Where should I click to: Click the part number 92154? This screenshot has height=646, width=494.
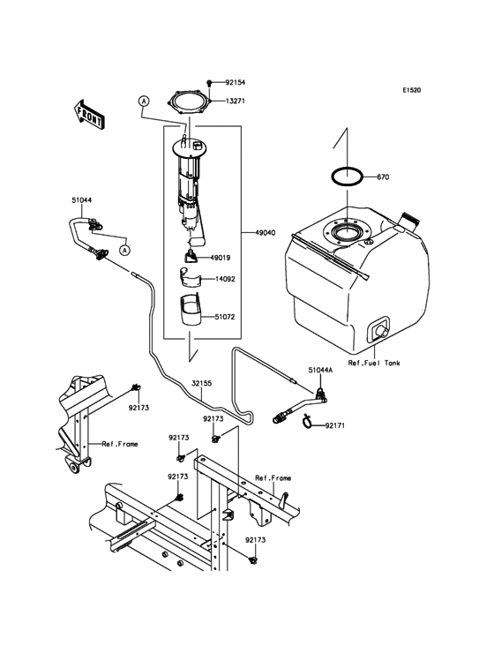click(x=236, y=79)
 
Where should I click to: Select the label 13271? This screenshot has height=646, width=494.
click(x=235, y=101)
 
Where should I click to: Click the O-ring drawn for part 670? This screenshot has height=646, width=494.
click(x=348, y=176)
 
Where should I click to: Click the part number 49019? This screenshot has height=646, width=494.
click(x=221, y=258)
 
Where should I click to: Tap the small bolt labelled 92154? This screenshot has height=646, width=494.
click(x=210, y=80)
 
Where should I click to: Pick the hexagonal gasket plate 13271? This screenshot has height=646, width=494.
click(x=188, y=101)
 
